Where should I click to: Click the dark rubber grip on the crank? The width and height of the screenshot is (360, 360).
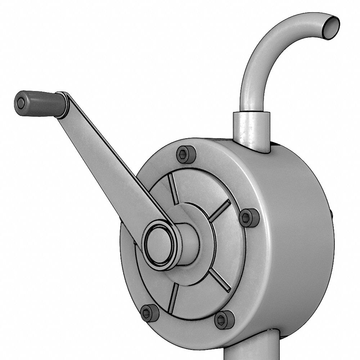point(41,103)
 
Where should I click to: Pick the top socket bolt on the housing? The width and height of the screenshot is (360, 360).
point(186,154)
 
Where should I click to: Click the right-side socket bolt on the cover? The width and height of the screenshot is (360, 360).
point(249,218)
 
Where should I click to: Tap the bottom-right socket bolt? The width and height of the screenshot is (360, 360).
point(224,320)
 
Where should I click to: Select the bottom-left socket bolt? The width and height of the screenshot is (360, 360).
point(149,313)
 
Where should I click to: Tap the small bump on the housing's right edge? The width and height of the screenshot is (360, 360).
point(332,215)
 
